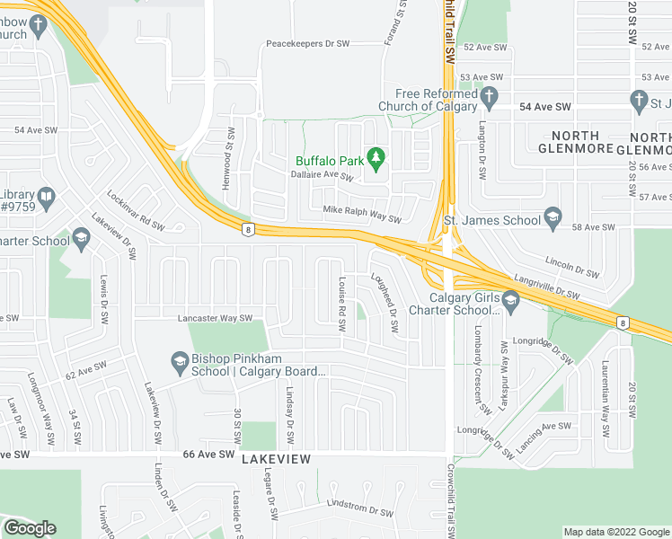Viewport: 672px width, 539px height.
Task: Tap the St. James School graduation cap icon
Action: [553, 218]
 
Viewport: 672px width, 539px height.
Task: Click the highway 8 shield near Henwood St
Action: [247, 230]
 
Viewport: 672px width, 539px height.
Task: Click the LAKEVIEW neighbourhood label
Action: [276, 459]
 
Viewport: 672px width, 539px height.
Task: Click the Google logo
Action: [30, 528]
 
